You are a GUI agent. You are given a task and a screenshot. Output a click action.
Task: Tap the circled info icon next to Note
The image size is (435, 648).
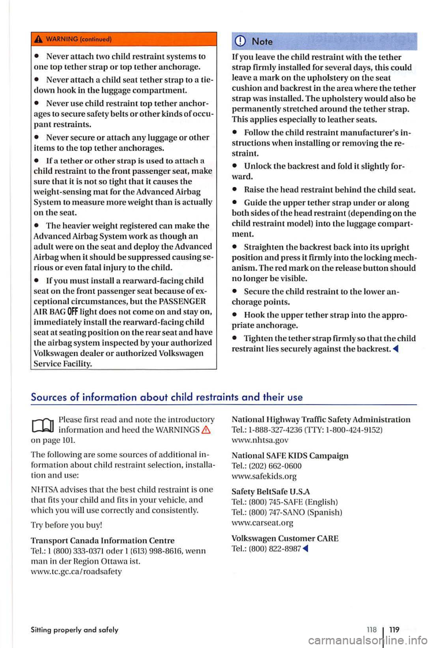241,42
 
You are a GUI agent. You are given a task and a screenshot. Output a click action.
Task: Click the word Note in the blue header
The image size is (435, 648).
262,42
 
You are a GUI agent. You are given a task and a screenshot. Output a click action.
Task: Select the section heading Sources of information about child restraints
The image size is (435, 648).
166,397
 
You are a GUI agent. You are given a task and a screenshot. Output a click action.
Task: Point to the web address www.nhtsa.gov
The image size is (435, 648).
260,440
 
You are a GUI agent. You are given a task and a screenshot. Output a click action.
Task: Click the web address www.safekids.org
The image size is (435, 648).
264,476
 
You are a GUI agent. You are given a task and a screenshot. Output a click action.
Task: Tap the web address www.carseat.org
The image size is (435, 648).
262,523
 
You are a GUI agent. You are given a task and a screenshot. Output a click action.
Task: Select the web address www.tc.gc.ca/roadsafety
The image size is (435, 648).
76,571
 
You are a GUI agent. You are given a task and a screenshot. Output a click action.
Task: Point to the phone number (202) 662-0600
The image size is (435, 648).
275,466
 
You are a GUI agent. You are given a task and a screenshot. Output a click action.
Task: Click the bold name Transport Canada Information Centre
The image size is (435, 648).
102,541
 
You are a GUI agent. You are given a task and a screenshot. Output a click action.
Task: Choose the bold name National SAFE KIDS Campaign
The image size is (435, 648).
290,455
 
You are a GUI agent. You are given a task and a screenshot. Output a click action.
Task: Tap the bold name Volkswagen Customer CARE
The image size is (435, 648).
285,538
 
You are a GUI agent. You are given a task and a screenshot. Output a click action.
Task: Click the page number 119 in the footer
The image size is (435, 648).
394,629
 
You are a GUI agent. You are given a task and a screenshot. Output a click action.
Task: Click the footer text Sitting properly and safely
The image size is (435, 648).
74,630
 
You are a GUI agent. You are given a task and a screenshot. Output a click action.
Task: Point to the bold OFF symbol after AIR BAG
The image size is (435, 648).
72,312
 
